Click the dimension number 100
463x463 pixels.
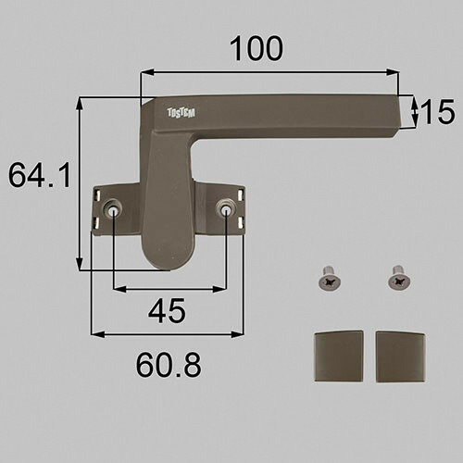[x=257, y=49]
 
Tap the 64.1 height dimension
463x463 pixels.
[x=40, y=175]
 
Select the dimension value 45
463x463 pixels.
[x=167, y=310]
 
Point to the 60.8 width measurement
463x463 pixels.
[x=169, y=365]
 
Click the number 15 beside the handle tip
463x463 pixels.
[x=438, y=111]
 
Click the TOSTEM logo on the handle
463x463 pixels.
[x=181, y=113]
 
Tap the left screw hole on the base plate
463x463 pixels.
[x=112, y=209]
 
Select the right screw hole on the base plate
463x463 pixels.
[x=225, y=209]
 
